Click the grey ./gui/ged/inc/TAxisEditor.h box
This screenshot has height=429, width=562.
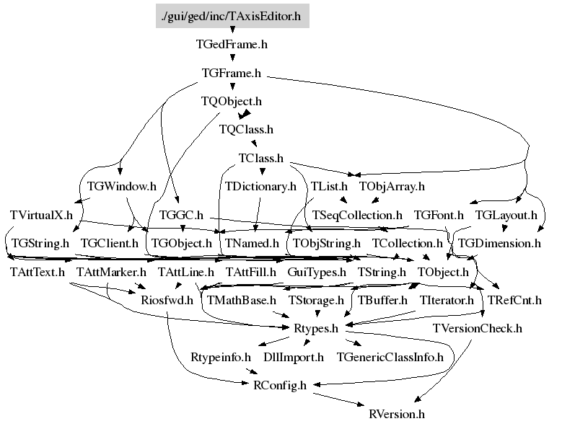(232, 16)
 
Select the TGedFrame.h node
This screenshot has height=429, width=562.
(232, 45)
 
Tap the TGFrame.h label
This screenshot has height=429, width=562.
(231, 73)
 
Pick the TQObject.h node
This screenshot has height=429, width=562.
(231, 102)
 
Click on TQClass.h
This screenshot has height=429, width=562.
(246, 129)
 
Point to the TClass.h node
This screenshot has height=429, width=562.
(261, 158)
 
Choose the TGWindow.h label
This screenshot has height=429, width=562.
(122, 186)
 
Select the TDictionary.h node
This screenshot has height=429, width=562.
(260, 186)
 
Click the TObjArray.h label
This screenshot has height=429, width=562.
(392, 186)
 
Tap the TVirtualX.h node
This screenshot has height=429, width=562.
(41, 215)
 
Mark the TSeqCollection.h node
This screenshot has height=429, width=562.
(357, 215)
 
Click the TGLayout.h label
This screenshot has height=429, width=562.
(506, 215)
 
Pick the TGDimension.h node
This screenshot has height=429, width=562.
(499, 243)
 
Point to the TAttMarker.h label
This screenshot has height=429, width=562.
(111, 272)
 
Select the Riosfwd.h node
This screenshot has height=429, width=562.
(167, 300)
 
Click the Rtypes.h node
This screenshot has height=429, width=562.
(316, 328)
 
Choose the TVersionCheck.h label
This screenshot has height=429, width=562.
(477, 328)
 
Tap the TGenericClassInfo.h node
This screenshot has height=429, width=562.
(390, 357)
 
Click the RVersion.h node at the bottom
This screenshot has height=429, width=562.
(397, 414)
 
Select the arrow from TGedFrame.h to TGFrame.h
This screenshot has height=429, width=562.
(232, 57)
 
